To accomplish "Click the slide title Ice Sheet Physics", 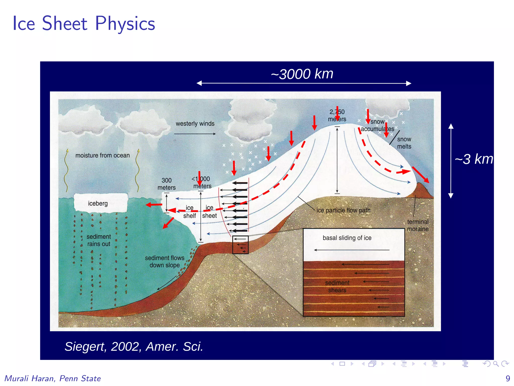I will coord(84,23).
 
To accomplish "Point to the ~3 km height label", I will coord(474,159).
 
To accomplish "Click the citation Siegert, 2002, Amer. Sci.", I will coord(134,347).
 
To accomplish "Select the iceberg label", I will coord(98,203).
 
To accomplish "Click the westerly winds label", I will coord(195,124).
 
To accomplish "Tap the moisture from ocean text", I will coord(102,155).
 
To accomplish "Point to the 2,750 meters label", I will coord(337,115).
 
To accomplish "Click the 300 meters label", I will coord(166,184).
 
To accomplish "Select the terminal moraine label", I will coord(418,225).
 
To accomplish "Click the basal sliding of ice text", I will coord(347,238).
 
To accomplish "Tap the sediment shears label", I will coord(337,286).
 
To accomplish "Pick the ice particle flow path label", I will coord(343,210).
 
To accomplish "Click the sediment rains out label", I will coord(99,240).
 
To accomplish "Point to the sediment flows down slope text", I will coord(164,261).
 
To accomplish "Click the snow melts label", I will coord(404,143).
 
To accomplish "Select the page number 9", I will coord(508,378).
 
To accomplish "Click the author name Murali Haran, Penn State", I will coord(53,378).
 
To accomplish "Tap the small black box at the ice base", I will coord(240,245).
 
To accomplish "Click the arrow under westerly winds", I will coord(195,134).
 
